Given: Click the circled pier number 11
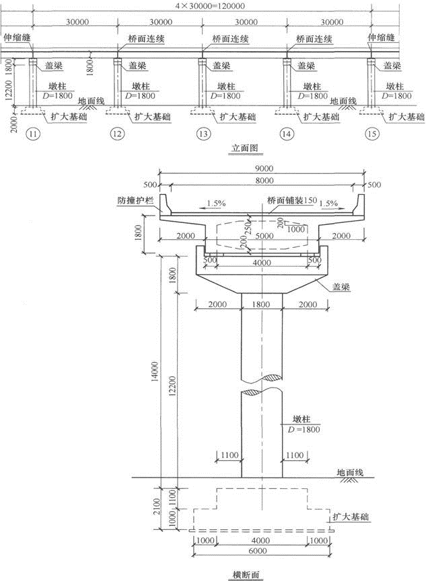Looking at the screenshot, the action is tap(34, 134).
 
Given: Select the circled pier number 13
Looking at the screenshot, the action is tap(203, 134).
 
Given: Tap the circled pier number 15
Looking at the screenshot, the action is tap(372, 134).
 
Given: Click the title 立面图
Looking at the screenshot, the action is tap(245, 148).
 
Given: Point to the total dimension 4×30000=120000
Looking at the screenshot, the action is tap(210, 5).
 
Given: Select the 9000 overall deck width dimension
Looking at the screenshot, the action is tap(264, 168).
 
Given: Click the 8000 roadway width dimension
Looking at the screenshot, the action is tap(264, 181).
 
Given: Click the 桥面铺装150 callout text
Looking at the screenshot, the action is tap(292, 201).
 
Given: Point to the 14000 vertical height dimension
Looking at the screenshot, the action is tap(155, 371).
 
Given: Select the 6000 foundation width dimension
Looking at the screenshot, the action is tap(258, 551).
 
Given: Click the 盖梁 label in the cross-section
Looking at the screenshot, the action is tap(341, 286).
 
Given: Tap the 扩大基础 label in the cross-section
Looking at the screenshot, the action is tap(351, 517).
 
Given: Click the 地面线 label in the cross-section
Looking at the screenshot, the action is tap(350, 472).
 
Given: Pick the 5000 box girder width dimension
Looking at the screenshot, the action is tap(264, 236).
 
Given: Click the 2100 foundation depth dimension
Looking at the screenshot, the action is tap(156, 506).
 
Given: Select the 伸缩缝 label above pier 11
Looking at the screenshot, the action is tap(17, 38).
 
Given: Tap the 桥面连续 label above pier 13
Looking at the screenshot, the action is tap(230, 39).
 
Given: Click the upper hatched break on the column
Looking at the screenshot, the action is tap(272, 377).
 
